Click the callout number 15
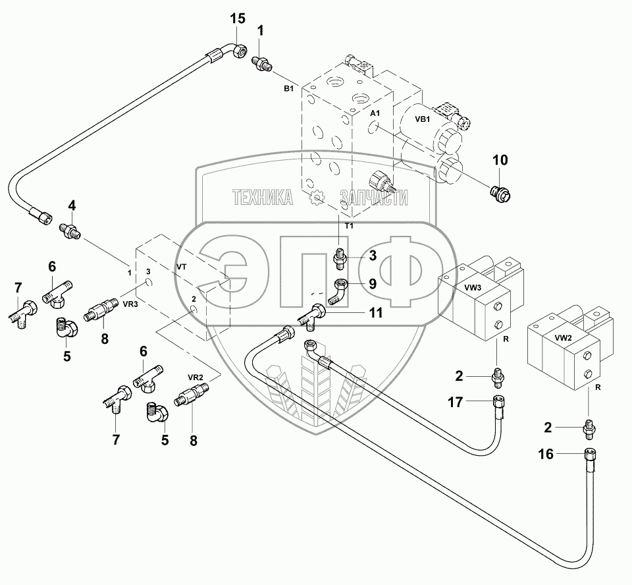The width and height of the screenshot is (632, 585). coord(238,18)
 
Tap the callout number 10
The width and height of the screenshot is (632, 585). coord(500,160)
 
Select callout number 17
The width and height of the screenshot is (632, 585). coord(456,402)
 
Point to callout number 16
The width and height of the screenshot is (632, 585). coord(546,455)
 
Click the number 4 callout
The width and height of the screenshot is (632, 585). coord(72,206)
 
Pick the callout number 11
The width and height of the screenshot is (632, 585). coord(376,312)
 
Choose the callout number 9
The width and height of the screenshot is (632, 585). coord(373,284)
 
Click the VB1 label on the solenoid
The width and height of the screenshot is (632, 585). coord(423,119)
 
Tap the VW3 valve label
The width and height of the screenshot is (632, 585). coord(473,288)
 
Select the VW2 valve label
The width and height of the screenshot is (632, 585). coord(563,338)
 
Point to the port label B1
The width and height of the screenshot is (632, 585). coord(288,89)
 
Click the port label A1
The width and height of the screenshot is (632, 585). coord(375,113)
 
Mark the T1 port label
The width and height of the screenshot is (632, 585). coord(349,226)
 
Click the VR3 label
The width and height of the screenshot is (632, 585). coord(130,304)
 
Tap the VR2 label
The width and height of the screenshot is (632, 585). coord(195,377)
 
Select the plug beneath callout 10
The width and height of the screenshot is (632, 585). coord(500,195)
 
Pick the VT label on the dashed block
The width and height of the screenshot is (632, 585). coord(182,267)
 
